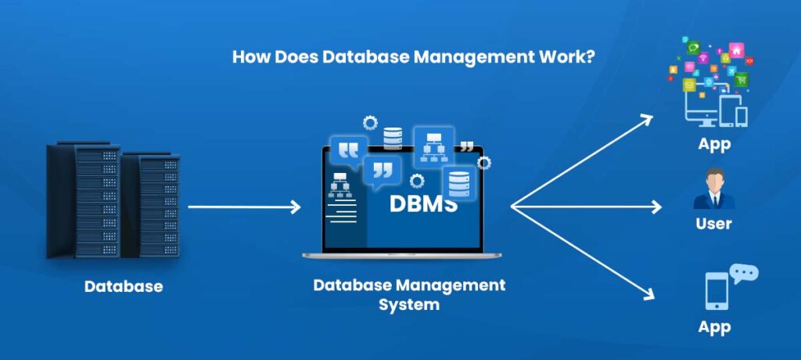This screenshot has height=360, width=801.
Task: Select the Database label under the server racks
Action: (124, 286)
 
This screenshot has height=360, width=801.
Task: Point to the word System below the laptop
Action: (409, 304)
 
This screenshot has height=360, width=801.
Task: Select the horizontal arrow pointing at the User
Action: (587, 207)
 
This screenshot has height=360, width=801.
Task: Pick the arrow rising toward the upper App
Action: (583, 162)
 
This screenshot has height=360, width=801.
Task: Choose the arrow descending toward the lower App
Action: (583, 252)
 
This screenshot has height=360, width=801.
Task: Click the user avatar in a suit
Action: (713, 189)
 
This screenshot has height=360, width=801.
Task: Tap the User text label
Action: (713, 224)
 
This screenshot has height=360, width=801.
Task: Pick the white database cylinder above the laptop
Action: (393, 139)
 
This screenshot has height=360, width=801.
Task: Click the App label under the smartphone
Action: (715, 326)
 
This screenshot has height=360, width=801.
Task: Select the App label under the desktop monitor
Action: (714, 144)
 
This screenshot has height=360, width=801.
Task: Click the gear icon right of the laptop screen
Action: (484, 163)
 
